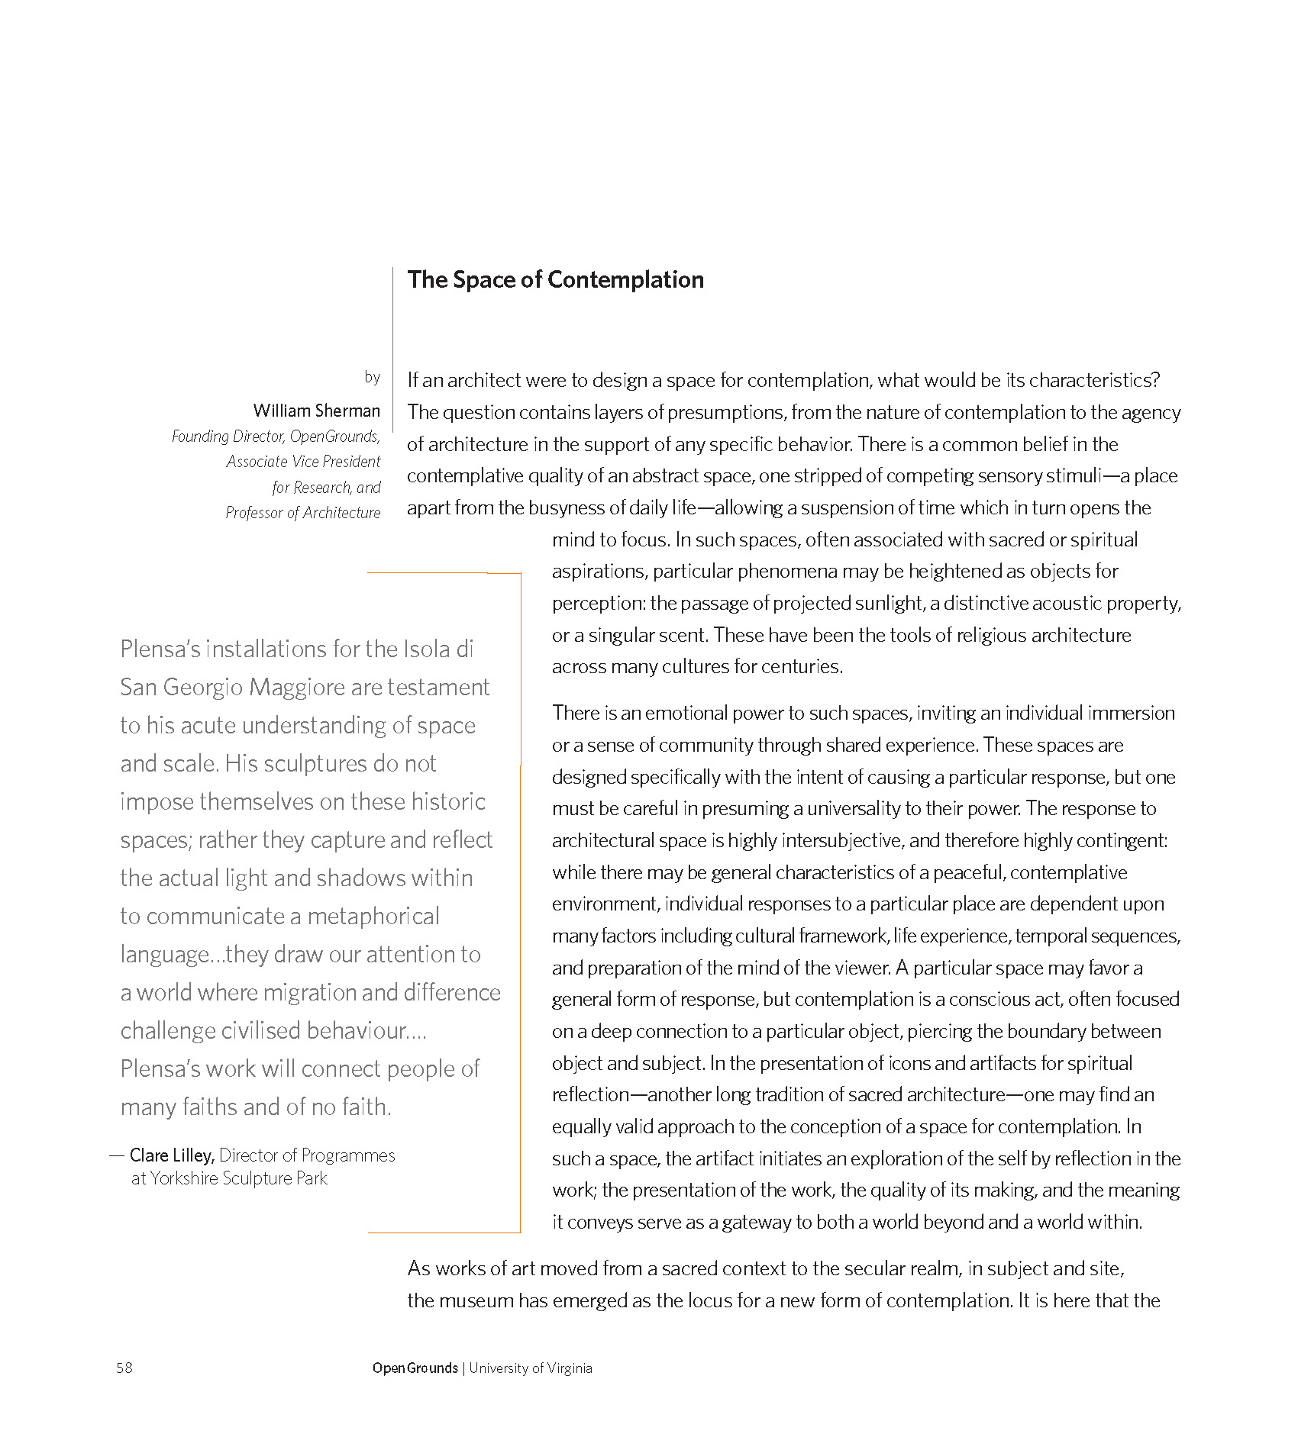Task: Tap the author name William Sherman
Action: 316,411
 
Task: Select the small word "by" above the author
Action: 372,377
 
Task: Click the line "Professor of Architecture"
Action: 302,513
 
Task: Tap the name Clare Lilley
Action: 171,1155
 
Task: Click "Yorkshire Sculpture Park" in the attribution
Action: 238,1178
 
